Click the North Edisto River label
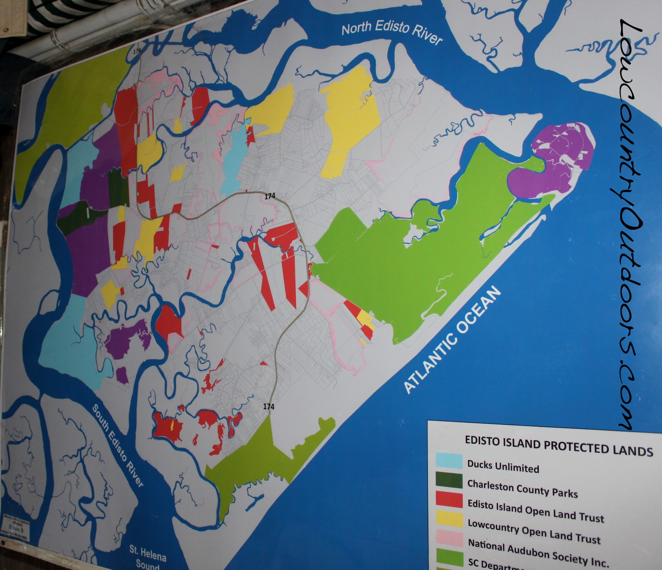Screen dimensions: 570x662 point(391,34)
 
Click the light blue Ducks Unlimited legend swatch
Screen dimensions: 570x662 point(449,461)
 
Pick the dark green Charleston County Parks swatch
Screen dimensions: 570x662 point(449,480)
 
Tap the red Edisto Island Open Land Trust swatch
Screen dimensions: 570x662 point(449,500)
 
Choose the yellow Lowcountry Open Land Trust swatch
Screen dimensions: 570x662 point(449,519)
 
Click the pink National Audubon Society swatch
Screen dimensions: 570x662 point(449,540)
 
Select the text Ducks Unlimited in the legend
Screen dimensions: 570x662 point(503,466)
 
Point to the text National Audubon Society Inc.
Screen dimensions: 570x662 point(538,553)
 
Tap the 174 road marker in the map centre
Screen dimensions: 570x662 point(270,196)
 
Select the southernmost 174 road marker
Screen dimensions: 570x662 point(269,407)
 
